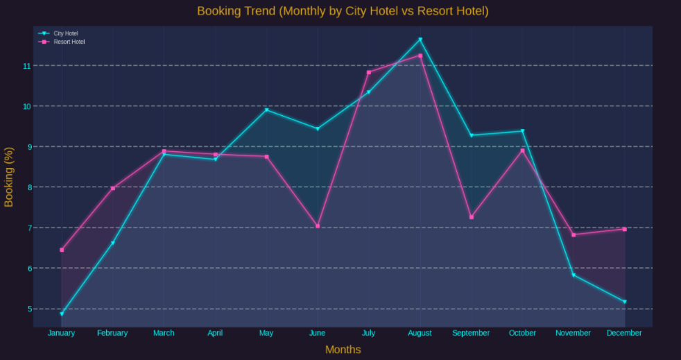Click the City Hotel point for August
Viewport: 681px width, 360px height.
click(x=420, y=40)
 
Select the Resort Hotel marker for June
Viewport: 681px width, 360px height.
click(x=318, y=226)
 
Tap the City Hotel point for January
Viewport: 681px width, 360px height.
click(x=62, y=314)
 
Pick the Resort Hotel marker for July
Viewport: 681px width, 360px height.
click(x=369, y=72)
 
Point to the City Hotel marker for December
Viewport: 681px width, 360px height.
click(x=625, y=302)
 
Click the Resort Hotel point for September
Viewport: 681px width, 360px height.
click(x=472, y=217)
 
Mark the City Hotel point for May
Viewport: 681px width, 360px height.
click(x=266, y=110)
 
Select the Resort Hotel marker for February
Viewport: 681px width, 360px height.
click(x=113, y=188)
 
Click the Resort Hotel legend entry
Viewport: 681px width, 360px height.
click(x=69, y=42)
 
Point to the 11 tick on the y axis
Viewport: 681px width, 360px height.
click(x=27, y=66)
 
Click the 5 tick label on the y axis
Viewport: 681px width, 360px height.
click(x=27, y=309)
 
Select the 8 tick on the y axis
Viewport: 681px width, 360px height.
click(x=27, y=187)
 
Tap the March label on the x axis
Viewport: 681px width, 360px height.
click(x=164, y=333)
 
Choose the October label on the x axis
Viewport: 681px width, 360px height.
click(x=522, y=333)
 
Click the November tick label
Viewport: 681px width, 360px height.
click(x=574, y=333)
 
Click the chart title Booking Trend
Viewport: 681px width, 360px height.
click(x=343, y=11)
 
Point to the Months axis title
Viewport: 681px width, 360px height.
click(x=343, y=350)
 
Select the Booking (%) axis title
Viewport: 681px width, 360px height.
click(x=9, y=177)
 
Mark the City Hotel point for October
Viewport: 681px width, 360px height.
click(x=522, y=131)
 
